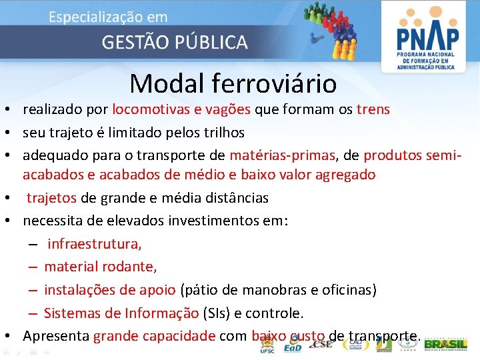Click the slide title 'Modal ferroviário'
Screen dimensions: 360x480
tap(233, 83)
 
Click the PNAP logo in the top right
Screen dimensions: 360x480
tap(427, 36)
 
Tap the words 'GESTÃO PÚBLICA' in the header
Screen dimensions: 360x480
tap(174, 43)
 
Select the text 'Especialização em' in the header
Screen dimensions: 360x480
tap(108, 17)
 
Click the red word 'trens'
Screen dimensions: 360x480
tap(373, 109)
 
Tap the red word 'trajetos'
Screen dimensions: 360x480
tap(51, 198)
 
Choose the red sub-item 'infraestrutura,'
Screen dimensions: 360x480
tap(94, 244)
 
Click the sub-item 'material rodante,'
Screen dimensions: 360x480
tap(101, 267)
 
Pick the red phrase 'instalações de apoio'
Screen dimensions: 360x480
tap(110, 290)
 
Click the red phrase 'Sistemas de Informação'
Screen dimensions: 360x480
tap(121, 313)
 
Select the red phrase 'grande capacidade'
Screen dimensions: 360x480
tap(154, 336)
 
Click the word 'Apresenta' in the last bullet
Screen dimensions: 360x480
tap(57, 336)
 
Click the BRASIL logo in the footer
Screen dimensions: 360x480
tap(445, 345)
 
